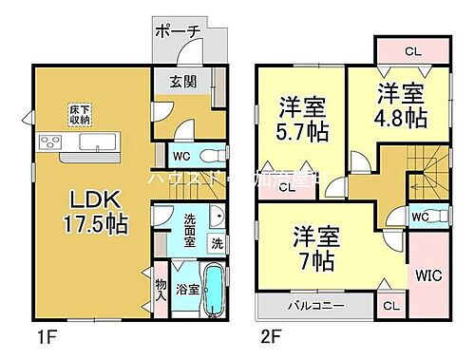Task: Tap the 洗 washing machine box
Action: [218, 243]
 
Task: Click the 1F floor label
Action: [38, 334]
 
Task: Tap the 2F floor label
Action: [273, 334]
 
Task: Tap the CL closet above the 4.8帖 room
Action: [411, 50]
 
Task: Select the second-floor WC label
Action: [418, 217]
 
